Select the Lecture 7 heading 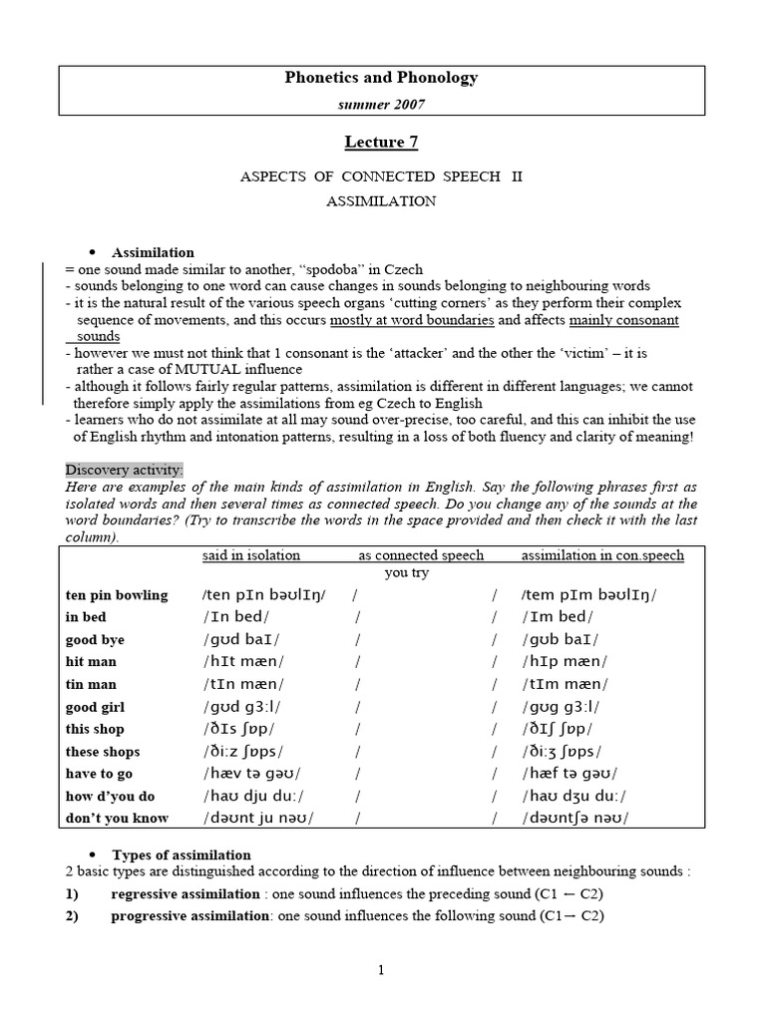pos(382,142)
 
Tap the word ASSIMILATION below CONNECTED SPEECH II pos(382,200)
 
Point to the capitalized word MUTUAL pos(200,370)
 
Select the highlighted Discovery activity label pos(125,470)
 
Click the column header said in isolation pos(250,555)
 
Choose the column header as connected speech pos(421,555)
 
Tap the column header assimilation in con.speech pos(602,555)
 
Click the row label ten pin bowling pos(117,595)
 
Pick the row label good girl pos(97,707)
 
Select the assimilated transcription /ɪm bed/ pos(556,617)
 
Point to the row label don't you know pos(117,819)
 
